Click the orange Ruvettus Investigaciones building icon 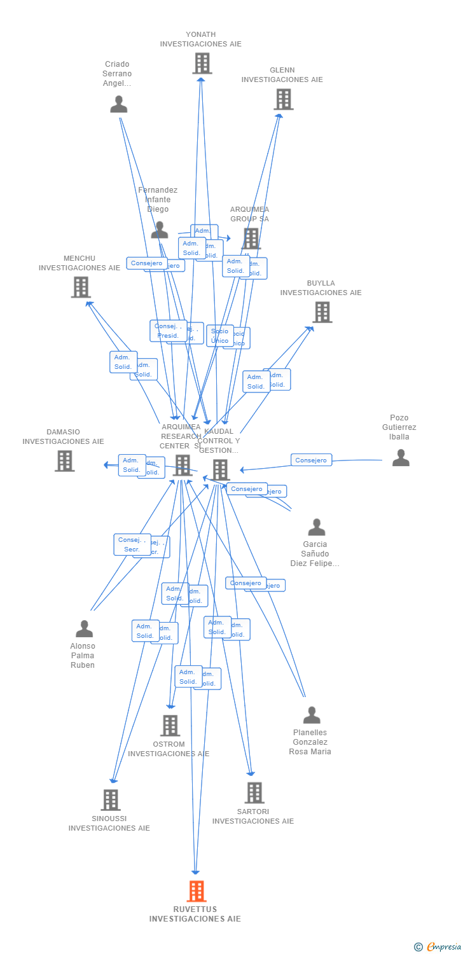pyautogui.click(x=197, y=891)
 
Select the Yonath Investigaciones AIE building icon pyautogui.click(x=202, y=64)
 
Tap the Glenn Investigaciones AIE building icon pyautogui.click(x=283, y=99)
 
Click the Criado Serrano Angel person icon pyautogui.click(x=118, y=104)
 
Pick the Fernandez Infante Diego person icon pyautogui.click(x=160, y=230)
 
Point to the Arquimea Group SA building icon pyautogui.click(x=251, y=238)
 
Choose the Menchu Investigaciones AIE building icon pyautogui.click(x=81, y=287)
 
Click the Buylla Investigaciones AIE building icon pyautogui.click(x=322, y=312)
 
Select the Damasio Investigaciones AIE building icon pyautogui.click(x=64, y=461)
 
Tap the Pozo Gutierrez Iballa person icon pyautogui.click(x=401, y=458)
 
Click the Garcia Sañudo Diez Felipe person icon pyautogui.click(x=316, y=527)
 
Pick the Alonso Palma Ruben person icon pyautogui.click(x=84, y=629)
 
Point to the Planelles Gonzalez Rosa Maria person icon pyautogui.click(x=311, y=715)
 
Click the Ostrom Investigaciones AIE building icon pyautogui.click(x=170, y=726)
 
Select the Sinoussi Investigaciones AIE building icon pyautogui.click(x=110, y=800)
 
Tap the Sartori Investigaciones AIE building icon pyautogui.click(x=254, y=793)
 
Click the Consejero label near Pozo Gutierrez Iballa pyautogui.click(x=311, y=460)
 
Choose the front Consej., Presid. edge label pyautogui.click(x=168, y=331)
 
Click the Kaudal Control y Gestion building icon pyautogui.click(x=221, y=470)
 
